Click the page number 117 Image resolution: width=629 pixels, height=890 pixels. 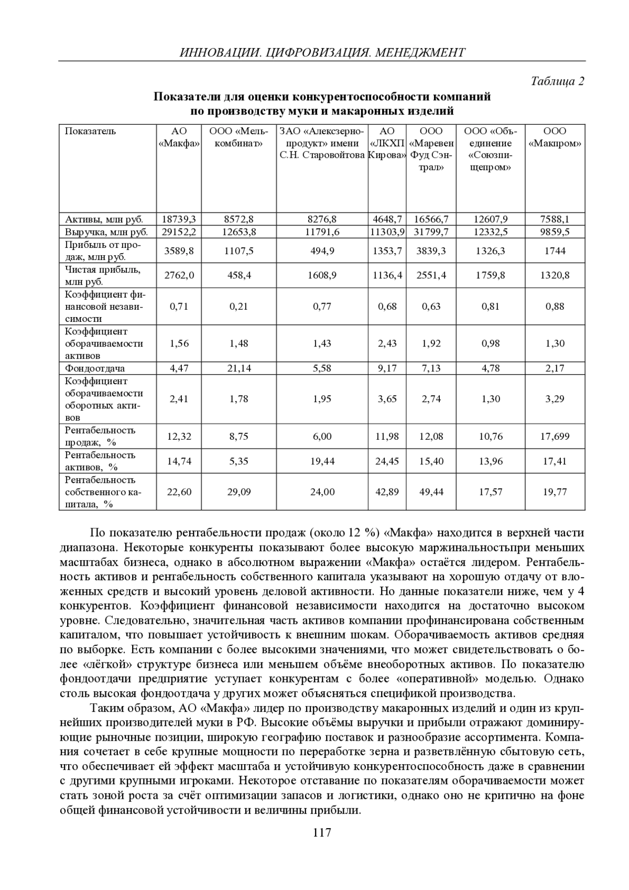(322, 833)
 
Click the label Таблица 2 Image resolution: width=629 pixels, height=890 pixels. (557, 81)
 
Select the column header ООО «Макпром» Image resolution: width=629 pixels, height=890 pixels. (555, 137)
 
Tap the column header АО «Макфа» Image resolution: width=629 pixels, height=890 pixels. (179, 137)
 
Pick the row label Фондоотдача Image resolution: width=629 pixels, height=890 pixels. (95, 368)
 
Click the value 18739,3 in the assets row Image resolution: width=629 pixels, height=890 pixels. (179, 219)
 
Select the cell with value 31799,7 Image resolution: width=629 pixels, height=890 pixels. (431, 232)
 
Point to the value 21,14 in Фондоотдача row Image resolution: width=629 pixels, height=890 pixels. (239, 368)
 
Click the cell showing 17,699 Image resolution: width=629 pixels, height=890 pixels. (555, 436)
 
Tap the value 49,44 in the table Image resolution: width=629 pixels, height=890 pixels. (431, 492)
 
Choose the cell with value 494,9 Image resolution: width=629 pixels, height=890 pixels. (322, 251)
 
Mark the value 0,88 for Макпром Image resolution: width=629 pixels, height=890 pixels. (555, 306)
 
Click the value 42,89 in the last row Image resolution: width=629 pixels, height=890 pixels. (387, 492)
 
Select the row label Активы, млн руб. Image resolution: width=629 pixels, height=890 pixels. (104, 219)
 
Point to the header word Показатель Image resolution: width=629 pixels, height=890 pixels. (90, 131)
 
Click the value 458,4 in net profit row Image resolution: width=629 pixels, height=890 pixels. (239, 275)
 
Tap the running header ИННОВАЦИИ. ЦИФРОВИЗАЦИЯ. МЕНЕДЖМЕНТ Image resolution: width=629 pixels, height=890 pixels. (322, 52)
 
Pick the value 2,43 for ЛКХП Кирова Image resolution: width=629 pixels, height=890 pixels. (387, 343)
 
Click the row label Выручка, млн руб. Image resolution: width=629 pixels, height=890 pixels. (106, 232)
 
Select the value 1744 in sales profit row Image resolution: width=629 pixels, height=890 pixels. (555, 251)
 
